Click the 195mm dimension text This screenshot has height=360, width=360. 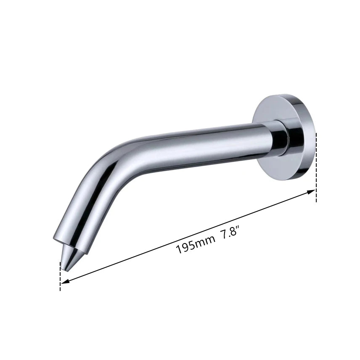coord(196,244)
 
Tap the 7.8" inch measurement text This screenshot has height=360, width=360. coord(230,232)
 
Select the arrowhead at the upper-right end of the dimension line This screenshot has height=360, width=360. coord(311,191)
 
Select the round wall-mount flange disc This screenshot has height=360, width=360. coord(283,136)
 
